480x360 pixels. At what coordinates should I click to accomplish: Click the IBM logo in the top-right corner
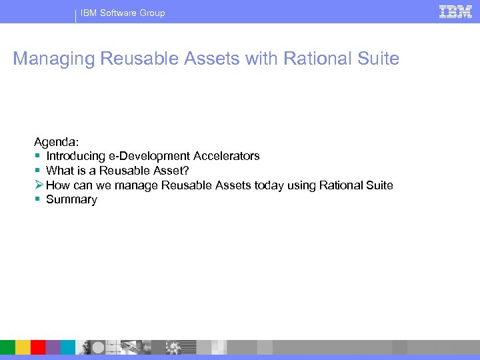[x=455, y=11]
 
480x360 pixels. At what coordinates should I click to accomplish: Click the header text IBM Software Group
[x=123, y=13]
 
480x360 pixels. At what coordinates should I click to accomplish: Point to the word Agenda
[x=57, y=141]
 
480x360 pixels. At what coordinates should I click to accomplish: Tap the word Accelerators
[x=226, y=156]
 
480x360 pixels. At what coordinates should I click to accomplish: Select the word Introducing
[x=75, y=156]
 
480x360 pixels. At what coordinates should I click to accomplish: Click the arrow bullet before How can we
[x=39, y=185]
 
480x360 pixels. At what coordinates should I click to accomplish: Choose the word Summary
[x=71, y=200]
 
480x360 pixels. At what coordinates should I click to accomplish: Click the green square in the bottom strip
[x=7, y=347]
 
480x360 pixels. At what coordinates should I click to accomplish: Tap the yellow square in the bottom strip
[x=23, y=347]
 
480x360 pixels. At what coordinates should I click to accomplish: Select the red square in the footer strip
[x=38, y=347]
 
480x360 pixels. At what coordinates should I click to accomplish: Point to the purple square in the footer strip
[x=53, y=347]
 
